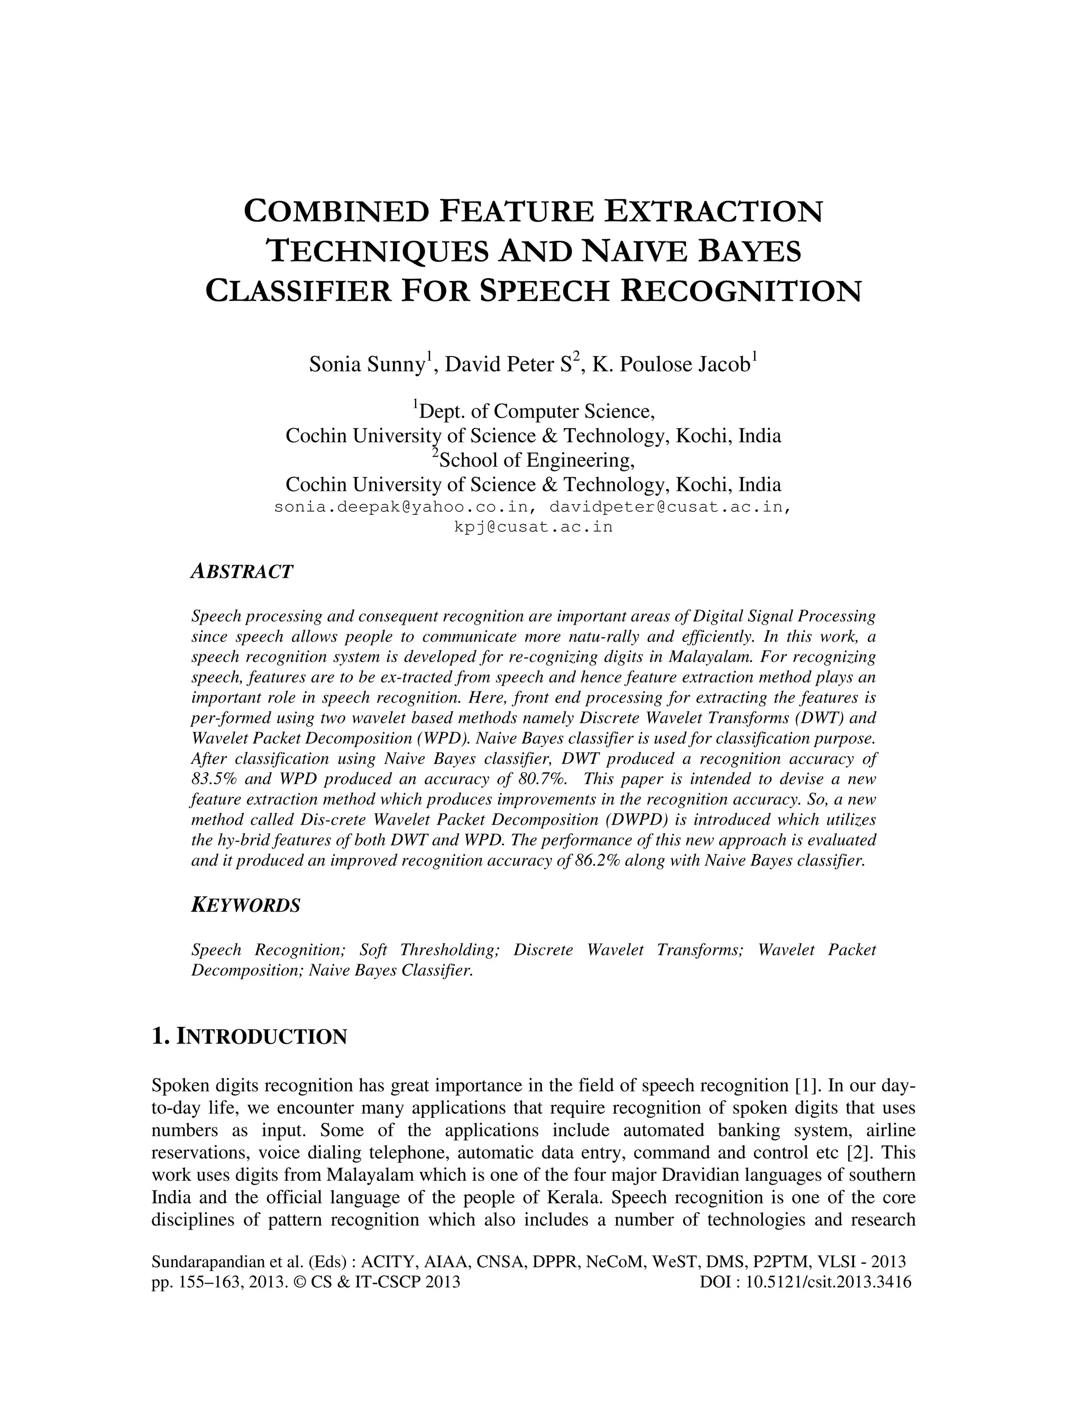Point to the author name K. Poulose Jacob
click(671, 365)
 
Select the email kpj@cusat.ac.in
click(533, 527)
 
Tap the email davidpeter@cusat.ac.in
click(667, 507)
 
